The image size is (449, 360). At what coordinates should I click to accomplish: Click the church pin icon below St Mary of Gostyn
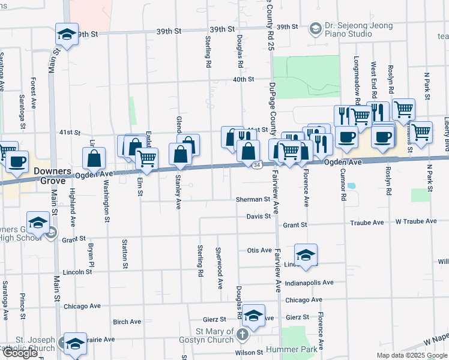(243, 334)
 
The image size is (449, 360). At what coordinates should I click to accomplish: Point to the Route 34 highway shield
(256, 164)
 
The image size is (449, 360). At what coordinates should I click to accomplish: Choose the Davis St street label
(259, 217)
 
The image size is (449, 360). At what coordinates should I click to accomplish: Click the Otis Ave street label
(259, 250)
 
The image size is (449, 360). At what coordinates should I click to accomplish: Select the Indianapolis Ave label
(309, 283)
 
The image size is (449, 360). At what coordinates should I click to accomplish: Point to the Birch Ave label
(127, 322)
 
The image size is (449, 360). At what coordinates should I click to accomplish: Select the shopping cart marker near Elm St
(147, 158)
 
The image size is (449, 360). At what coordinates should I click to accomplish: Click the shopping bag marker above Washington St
(94, 159)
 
